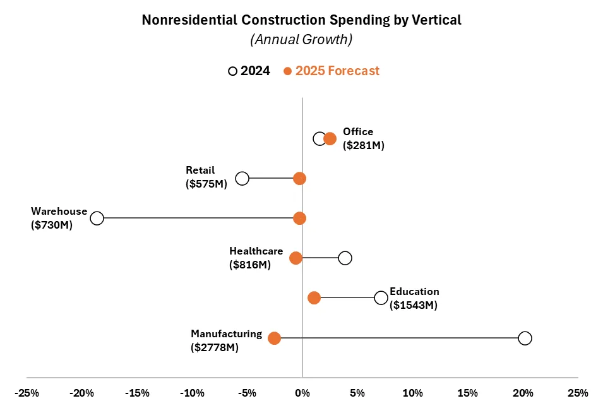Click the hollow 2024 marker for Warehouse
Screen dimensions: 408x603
(97, 218)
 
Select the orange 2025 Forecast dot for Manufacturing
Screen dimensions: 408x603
(274, 338)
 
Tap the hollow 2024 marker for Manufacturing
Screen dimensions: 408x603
(525, 338)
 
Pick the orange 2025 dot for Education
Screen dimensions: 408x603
(314, 297)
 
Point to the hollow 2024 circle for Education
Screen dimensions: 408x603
(381, 297)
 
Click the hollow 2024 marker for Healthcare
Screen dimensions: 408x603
(345, 258)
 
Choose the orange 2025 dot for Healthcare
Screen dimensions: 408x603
(296, 258)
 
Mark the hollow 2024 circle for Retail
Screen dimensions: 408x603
(242, 178)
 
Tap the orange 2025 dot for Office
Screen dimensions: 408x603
(330, 138)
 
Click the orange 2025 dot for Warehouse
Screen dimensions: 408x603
(299, 218)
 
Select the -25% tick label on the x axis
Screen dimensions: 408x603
(27, 393)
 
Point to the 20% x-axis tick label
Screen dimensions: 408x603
(523, 393)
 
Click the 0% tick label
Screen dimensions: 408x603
(302, 393)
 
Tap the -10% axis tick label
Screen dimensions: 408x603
(192, 393)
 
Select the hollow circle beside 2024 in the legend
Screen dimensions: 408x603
(232, 71)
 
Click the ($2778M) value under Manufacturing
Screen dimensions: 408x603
(214, 347)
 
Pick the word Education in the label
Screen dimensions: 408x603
(414, 292)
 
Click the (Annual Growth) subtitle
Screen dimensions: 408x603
(301, 39)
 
